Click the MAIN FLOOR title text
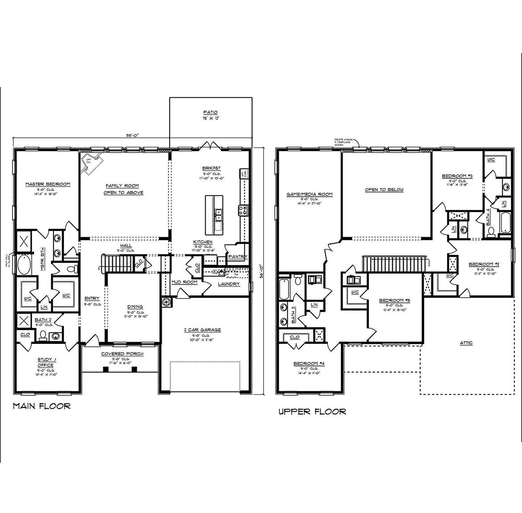pos(41,406)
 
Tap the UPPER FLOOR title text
pos(312,411)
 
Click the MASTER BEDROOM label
pos(48,184)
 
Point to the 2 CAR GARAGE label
pos(202,330)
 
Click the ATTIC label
pos(466,343)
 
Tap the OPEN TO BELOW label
pos(384,190)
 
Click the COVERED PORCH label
pos(122,354)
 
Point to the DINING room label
pos(135,306)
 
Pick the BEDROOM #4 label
pos(309,364)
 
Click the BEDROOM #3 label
pos(457,176)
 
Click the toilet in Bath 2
pos(42,335)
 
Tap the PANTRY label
pos(237,257)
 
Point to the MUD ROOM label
pos(184,282)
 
